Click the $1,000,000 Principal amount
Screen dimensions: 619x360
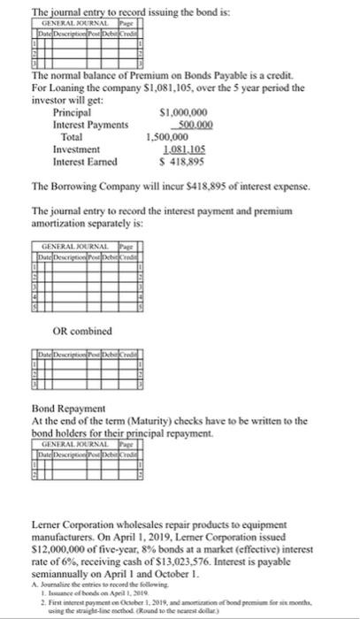pyautogui.click(x=182, y=113)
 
